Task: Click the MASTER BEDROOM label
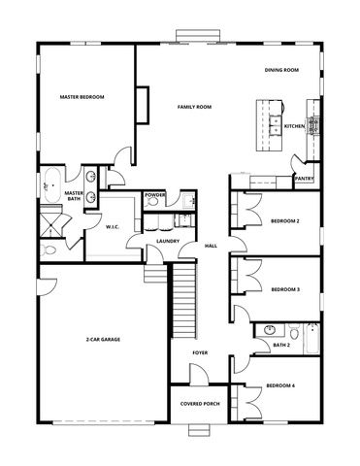coord(82,97)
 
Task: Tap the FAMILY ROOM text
coord(194,106)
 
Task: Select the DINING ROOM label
coord(281,70)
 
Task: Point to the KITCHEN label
coord(295,126)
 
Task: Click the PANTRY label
coord(304,179)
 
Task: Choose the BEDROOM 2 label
coord(285,221)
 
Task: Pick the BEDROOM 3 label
coord(285,289)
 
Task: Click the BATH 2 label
coord(282,345)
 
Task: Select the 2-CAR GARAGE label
coord(102,341)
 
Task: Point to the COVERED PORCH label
coord(198,404)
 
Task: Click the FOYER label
coord(200,352)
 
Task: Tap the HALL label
coord(211,246)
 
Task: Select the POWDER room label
coord(155,194)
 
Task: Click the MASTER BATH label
coord(74,196)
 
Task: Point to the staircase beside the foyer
coord(183,301)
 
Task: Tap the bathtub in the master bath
coord(49,185)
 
